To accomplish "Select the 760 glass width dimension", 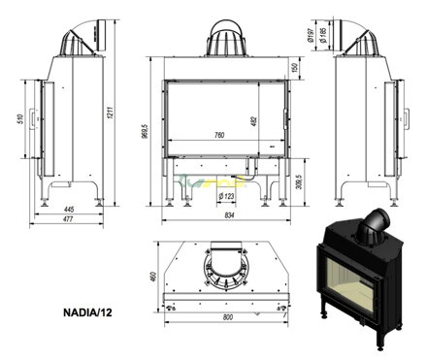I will pos(223,136).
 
